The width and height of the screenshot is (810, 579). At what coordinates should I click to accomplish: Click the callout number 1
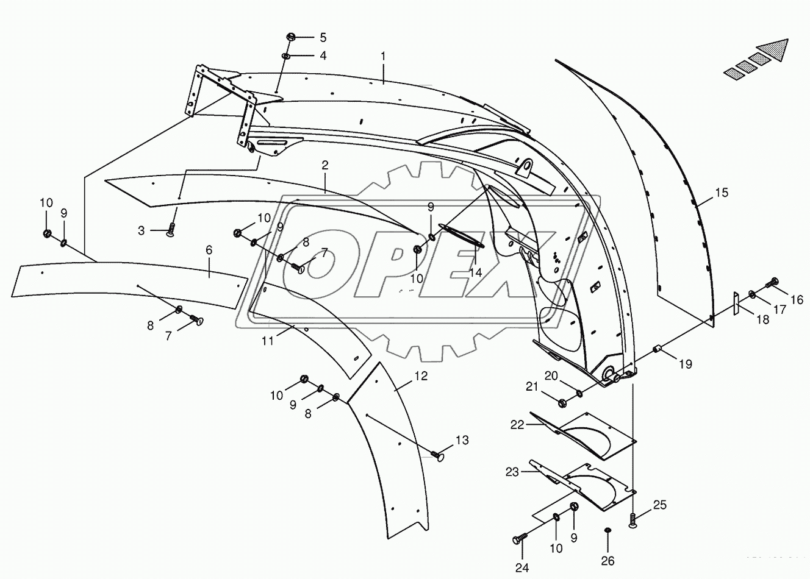pos(383,56)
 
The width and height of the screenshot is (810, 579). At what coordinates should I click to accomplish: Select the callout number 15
pos(722,193)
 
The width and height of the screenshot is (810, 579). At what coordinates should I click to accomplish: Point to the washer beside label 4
pos(285,56)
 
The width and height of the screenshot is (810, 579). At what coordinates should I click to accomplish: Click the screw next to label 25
pos(633,519)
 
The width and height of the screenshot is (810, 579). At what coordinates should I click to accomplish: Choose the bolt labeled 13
pos(437,455)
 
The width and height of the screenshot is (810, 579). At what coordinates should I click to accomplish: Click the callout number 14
pos(476,273)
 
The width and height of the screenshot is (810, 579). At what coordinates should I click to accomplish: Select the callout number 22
pos(517,425)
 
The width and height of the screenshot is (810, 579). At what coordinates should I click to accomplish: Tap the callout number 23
pos(512,471)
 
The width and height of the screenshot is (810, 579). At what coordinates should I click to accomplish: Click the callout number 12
pos(422,375)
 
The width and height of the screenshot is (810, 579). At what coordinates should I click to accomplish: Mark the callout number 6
pos(209,250)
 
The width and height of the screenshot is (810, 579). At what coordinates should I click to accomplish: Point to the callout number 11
pos(268,341)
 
